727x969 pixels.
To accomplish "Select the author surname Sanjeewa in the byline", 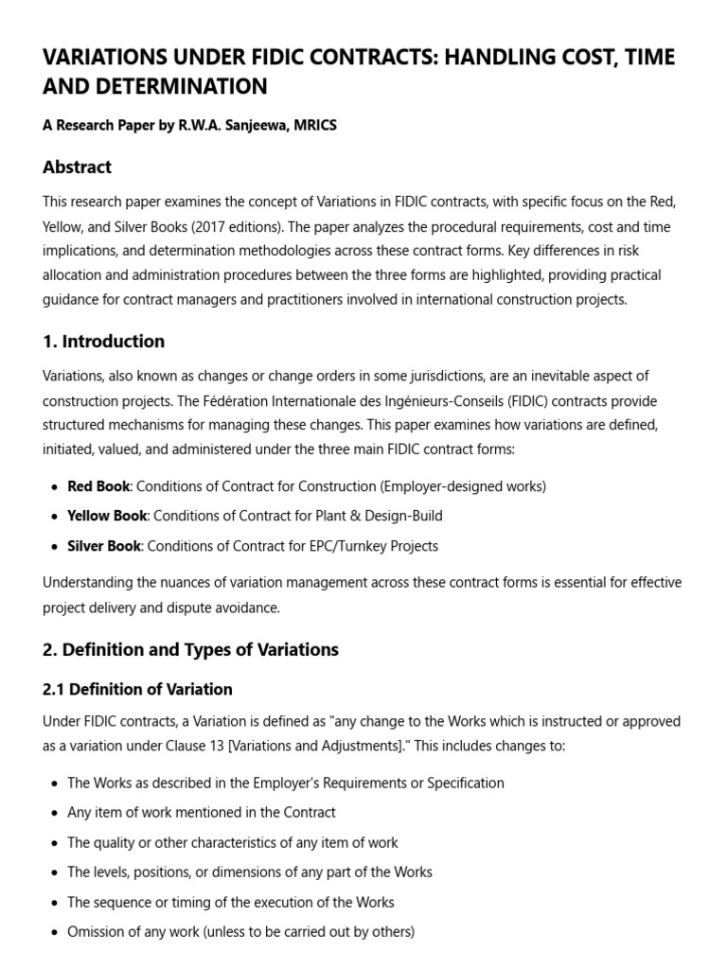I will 275,126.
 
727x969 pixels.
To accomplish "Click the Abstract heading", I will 77,167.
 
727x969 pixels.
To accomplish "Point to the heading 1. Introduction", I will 103,342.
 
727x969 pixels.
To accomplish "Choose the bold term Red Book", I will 98,486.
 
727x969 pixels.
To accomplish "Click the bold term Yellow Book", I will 107,516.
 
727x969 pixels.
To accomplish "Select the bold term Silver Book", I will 104,546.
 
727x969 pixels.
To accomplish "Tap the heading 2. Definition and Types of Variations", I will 190,649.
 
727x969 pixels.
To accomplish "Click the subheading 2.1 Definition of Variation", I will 137,689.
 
